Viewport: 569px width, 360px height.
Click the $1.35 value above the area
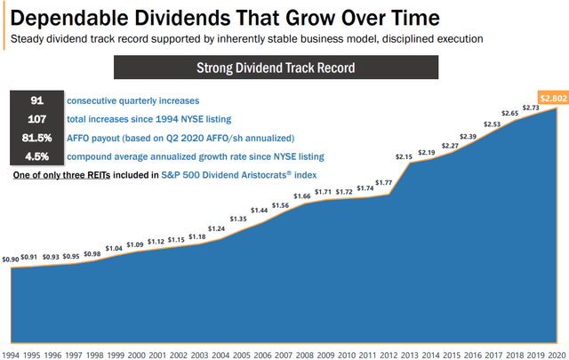(238, 219)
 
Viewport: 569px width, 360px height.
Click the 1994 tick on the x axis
(12, 355)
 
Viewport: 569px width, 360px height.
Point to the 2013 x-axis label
(407, 355)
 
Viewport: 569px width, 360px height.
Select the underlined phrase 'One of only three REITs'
(60, 173)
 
